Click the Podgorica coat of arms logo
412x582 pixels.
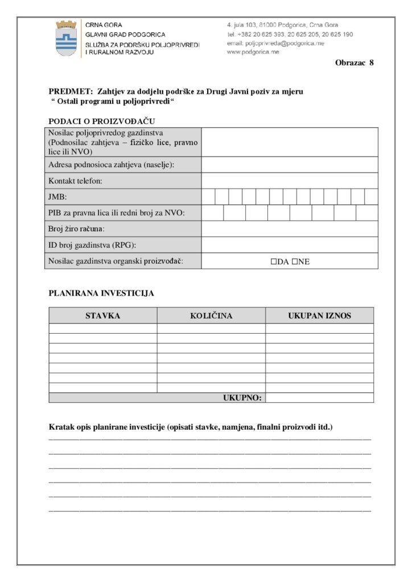click(x=66, y=38)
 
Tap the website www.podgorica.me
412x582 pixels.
click(x=253, y=52)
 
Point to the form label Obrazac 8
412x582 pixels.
click(x=354, y=63)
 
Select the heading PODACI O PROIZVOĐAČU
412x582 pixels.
click(x=102, y=121)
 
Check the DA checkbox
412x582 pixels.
click(x=274, y=262)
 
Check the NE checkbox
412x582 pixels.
click(x=295, y=262)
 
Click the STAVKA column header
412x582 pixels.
click(x=103, y=315)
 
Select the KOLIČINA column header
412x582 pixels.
click(x=211, y=315)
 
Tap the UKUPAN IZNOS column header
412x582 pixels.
click(x=319, y=315)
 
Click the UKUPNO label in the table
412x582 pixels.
click(x=242, y=398)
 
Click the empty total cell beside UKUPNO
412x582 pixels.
click(x=319, y=398)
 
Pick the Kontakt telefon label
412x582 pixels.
click(x=75, y=181)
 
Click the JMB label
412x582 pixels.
click(x=57, y=197)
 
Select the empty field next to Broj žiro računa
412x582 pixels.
click(x=289, y=228)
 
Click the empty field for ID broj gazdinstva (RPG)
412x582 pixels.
click(x=289, y=245)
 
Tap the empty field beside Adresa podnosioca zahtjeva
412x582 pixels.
click(x=289, y=165)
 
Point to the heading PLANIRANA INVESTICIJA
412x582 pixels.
click(x=101, y=294)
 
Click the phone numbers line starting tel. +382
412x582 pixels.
click(x=290, y=34)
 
